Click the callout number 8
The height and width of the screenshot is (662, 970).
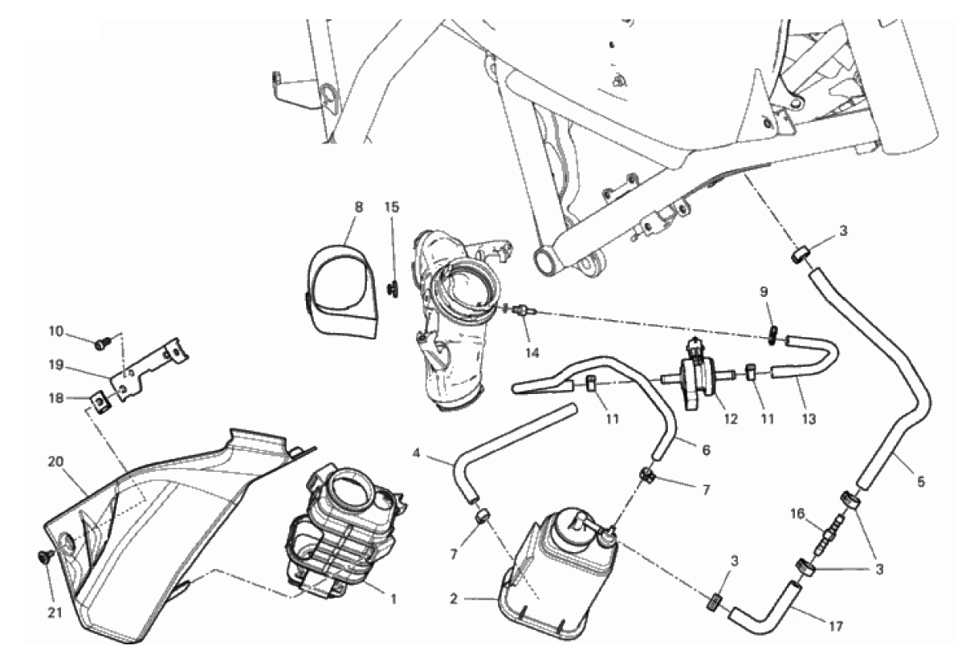[x=358, y=207]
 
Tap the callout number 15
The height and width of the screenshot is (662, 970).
[x=391, y=207]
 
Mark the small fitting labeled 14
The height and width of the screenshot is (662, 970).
[x=523, y=310]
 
